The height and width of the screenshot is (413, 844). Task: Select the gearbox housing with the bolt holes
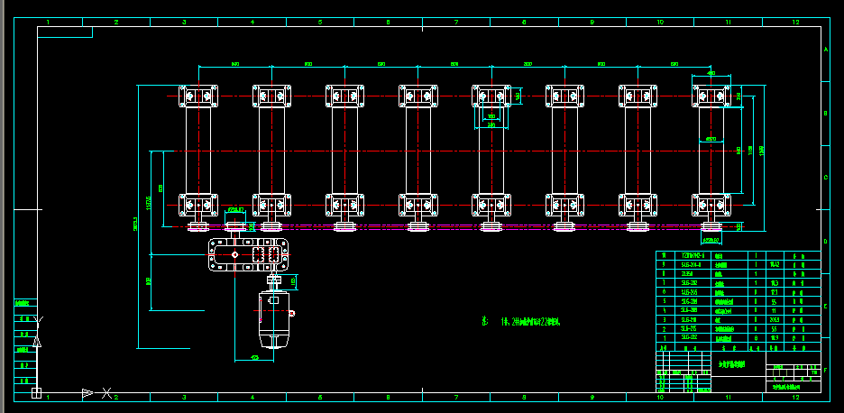(249, 255)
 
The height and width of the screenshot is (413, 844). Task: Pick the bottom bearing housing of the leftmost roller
(198, 206)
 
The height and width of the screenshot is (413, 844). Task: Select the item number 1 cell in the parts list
(665, 337)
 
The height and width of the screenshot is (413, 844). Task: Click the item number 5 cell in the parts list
(665, 300)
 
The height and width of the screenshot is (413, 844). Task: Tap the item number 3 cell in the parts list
(665, 319)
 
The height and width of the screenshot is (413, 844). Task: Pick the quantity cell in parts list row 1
(756, 337)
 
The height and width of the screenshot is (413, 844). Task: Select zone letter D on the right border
(827, 243)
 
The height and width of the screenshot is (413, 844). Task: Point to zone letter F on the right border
(827, 370)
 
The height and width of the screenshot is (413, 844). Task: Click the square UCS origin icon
(36, 392)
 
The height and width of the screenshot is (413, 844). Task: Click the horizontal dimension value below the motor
(254, 357)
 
